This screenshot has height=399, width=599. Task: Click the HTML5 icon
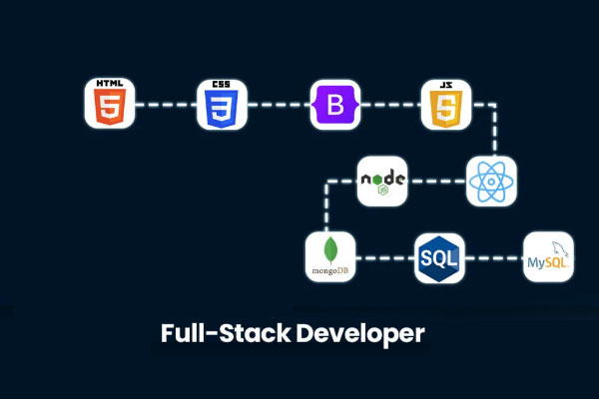tap(109, 105)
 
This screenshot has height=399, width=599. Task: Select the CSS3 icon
tap(222, 105)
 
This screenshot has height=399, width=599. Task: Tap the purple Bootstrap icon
tap(334, 105)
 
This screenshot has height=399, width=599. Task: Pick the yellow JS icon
tap(445, 105)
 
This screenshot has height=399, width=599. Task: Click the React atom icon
tap(491, 181)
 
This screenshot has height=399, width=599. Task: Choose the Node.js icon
tap(382, 181)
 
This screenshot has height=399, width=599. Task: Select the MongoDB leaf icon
tap(329, 255)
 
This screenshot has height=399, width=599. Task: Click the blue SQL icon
tap(439, 257)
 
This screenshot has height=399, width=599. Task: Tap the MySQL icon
tap(549, 257)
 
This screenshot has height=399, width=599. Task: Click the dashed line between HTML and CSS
tap(165, 105)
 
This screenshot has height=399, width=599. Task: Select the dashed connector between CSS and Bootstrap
tap(278, 105)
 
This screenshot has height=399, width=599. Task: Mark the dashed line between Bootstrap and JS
tap(389, 105)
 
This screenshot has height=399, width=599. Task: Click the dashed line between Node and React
tap(437, 181)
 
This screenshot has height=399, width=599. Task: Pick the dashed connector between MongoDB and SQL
tap(384, 257)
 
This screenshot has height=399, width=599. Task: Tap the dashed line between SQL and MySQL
tap(494, 257)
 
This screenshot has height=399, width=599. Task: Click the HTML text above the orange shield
tap(109, 83)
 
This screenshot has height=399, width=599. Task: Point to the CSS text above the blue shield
tap(222, 84)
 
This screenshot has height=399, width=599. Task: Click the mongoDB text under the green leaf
tap(329, 270)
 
